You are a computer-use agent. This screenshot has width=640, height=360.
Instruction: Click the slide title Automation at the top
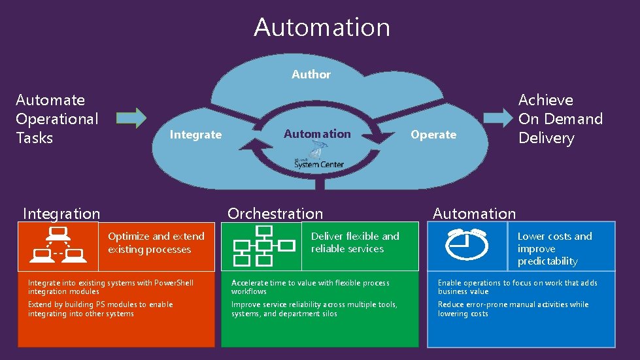[x=322, y=27]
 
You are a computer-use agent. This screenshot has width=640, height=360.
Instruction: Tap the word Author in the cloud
[x=311, y=74]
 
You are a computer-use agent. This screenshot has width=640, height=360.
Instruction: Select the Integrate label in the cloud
[x=195, y=135]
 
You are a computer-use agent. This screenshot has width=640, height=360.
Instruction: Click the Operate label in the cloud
[x=433, y=135]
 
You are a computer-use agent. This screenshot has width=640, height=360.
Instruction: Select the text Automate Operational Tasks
[x=57, y=119]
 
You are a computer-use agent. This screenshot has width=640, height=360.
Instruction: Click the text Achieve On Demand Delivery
[x=560, y=119]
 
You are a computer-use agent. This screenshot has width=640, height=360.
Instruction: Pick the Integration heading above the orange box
[x=61, y=214]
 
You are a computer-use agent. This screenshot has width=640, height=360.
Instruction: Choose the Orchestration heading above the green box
[x=275, y=214]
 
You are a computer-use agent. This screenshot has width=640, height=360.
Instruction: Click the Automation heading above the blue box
[x=474, y=214]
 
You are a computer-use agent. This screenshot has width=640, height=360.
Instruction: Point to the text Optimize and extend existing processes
[x=156, y=243]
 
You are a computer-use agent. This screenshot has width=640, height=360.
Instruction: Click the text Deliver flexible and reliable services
[x=355, y=242]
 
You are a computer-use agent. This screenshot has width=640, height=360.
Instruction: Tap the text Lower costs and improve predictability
[x=554, y=249]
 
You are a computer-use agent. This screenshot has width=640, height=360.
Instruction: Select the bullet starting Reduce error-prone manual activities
[x=513, y=309]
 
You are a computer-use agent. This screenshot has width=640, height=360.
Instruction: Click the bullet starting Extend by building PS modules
[x=100, y=309]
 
